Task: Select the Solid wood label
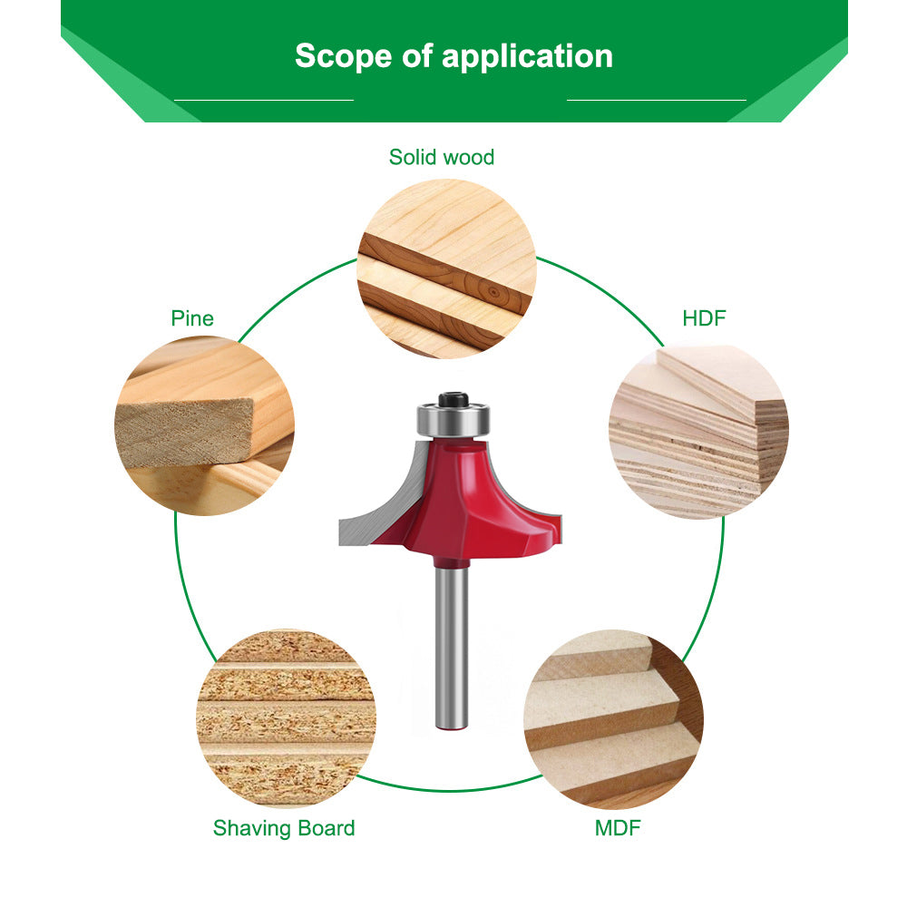442,157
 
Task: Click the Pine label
192,318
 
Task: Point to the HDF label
705,318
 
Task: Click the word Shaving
251,827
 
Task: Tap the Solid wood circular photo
448,268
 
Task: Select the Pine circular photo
204,425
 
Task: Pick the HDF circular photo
698,432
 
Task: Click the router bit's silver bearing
453,420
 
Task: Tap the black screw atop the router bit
453,399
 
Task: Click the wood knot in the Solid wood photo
491,292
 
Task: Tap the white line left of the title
263,100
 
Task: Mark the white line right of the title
656,100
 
